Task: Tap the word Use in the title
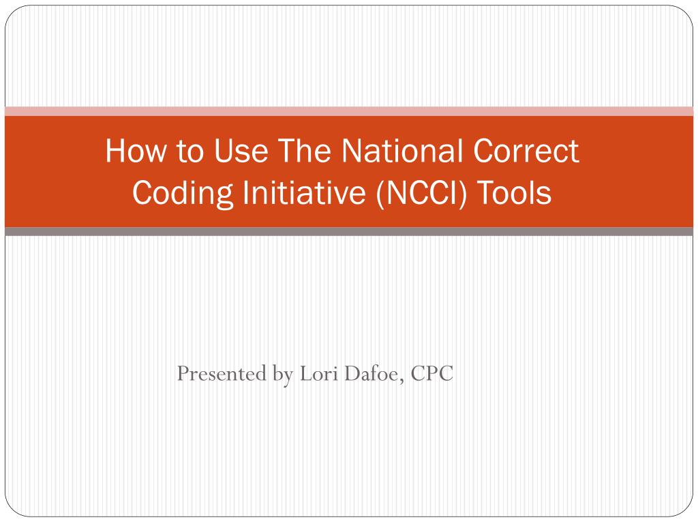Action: click(x=236, y=151)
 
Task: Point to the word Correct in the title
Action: click(x=525, y=151)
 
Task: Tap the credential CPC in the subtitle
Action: click(x=431, y=374)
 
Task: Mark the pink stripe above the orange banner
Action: click(x=349, y=111)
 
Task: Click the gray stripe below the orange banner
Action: click(x=349, y=231)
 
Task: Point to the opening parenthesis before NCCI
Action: click(x=378, y=194)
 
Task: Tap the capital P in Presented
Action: click(x=182, y=374)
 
